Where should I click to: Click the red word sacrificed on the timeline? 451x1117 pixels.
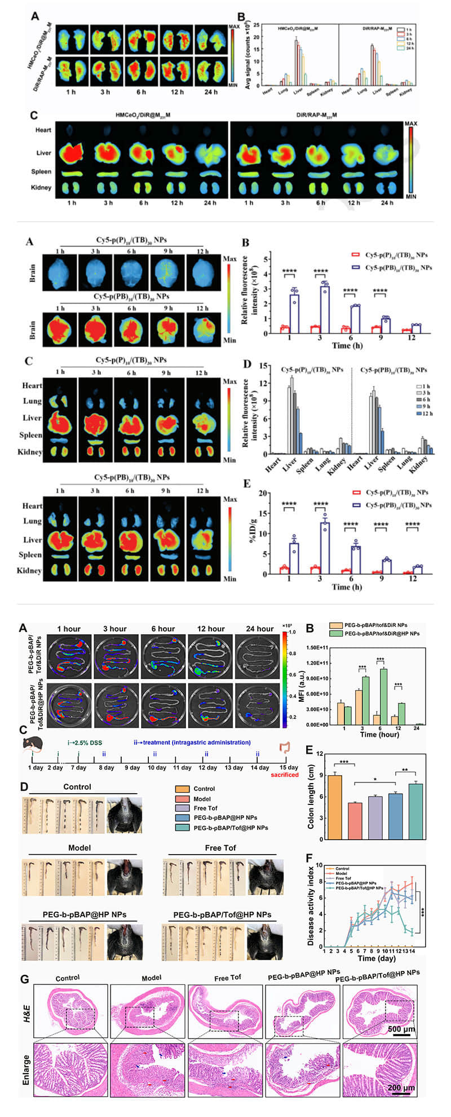tap(285, 775)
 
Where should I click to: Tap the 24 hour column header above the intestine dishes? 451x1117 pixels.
tap(259, 628)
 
